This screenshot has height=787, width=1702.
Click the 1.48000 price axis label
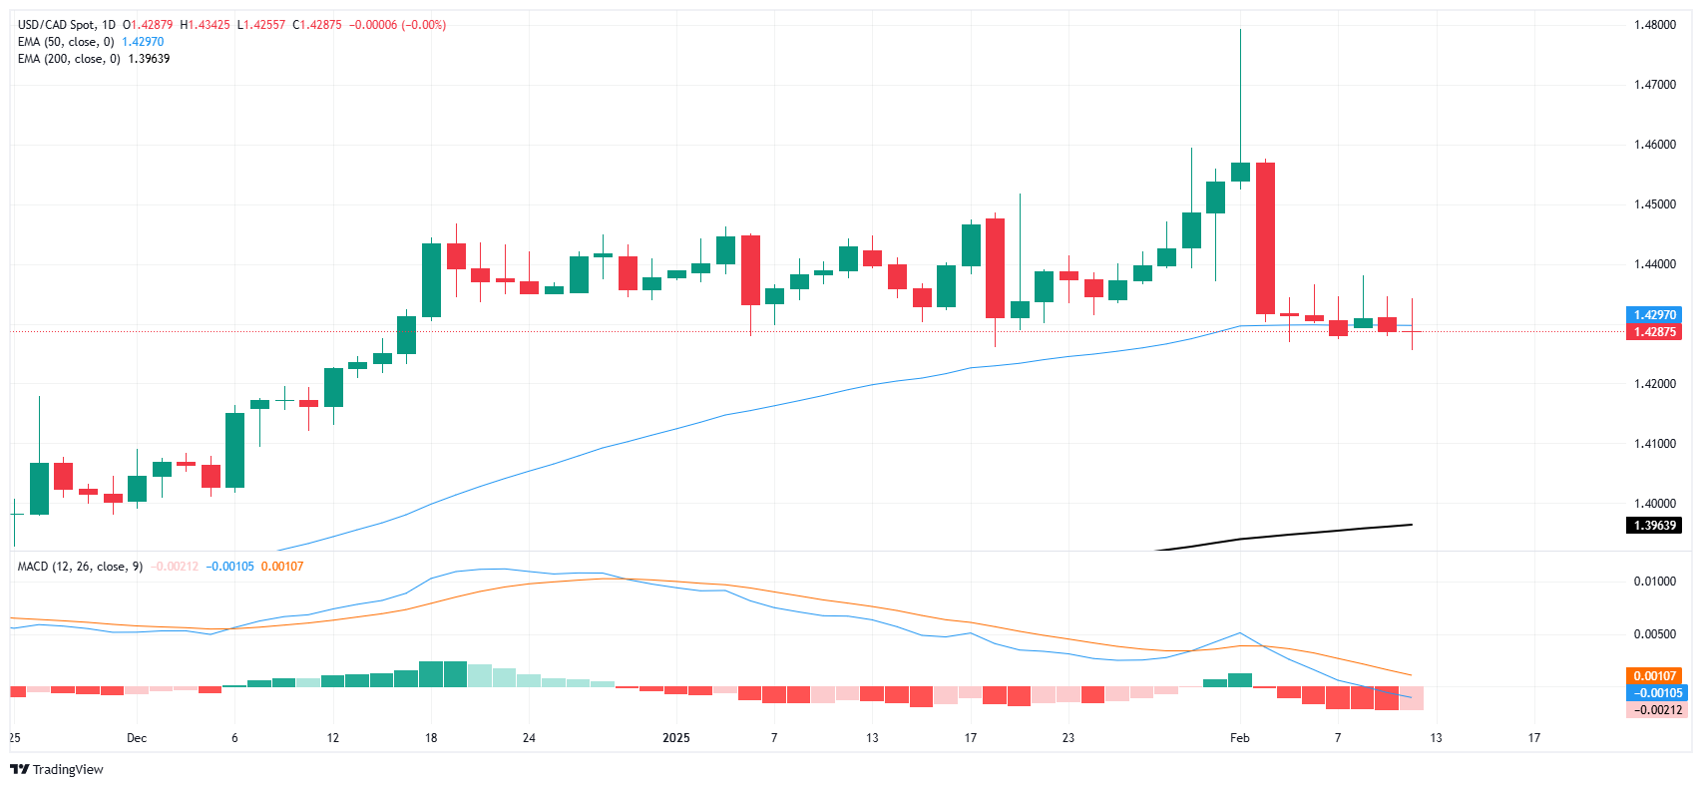coord(1654,25)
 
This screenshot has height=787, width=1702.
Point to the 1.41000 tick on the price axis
coord(1654,444)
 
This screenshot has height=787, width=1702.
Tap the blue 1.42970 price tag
coord(1654,315)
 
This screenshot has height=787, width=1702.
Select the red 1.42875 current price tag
coord(1654,332)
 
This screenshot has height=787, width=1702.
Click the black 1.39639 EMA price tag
coord(1654,526)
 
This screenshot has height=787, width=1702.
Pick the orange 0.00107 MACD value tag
coord(1654,676)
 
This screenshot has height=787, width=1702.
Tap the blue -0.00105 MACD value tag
coord(1654,693)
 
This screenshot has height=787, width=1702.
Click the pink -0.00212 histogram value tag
coord(1654,710)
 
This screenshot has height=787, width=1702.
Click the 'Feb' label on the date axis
coord(1239,738)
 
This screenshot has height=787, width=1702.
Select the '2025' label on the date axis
coord(676,738)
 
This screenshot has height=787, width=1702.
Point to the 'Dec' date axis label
coord(137,738)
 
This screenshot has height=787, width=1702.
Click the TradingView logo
coord(57,769)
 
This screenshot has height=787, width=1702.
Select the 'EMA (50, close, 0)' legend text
coord(66,42)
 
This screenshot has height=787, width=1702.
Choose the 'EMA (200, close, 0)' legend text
coord(69,59)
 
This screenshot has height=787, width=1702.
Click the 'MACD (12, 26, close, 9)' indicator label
coord(80,567)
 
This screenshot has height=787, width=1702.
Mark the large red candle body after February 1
coord(1265,238)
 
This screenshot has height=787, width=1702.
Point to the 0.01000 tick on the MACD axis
coord(1654,582)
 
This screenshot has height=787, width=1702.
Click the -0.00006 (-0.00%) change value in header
coord(397,25)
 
